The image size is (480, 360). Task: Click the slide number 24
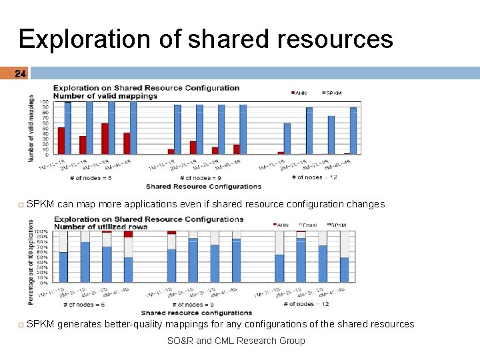tap(21, 73)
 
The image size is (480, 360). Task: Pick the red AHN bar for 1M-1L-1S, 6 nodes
tap(61, 141)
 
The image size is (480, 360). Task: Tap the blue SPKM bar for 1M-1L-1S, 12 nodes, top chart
tap(287, 139)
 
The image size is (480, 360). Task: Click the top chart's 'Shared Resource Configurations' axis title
tap(203, 187)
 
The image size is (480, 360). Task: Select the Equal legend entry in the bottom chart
tap(308, 225)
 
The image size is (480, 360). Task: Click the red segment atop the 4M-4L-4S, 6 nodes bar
tap(128, 234)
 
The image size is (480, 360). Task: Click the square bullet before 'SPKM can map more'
tap(21, 204)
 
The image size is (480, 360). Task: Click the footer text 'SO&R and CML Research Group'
tap(236, 341)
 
